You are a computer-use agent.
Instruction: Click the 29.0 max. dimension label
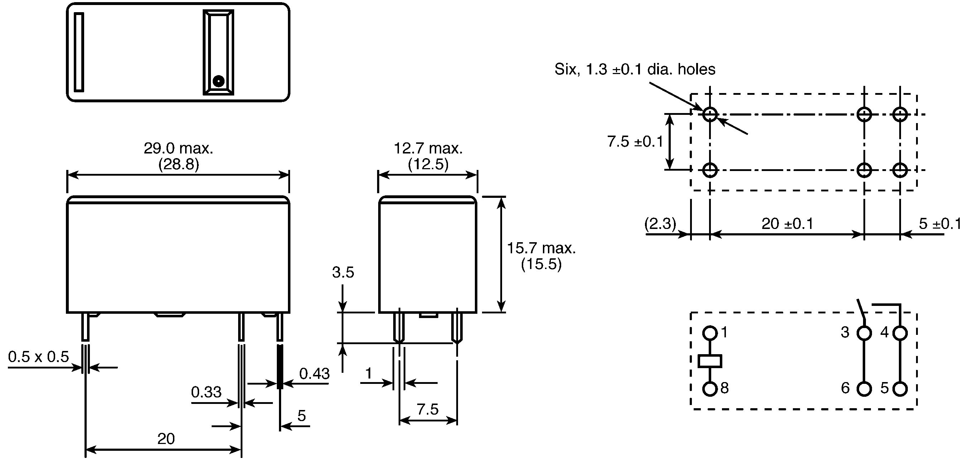[x=178, y=148]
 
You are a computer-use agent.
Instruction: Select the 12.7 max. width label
[x=428, y=148]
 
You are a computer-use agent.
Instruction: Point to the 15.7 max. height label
[x=541, y=248]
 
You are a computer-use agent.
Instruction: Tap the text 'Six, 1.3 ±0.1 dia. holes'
[x=635, y=69]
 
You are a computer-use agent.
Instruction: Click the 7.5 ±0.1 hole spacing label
[x=635, y=142]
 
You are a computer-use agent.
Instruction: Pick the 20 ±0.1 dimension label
[x=787, y=224]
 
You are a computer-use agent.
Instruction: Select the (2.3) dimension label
[x=660, y=224]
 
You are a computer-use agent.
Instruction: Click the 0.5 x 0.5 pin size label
[x=39, y=357]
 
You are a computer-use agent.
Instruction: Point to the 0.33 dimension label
[x=206, y=392]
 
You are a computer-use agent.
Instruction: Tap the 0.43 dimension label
[x=314, y=374]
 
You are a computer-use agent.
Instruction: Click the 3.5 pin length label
[x=343, y=272]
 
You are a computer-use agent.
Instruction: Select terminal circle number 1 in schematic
[x=710, y=333]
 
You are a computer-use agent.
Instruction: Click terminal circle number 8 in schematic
[x=710, y=389]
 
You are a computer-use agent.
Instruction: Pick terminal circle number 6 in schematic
[x=864, y=389]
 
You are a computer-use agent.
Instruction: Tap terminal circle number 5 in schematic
[x=900, y=389]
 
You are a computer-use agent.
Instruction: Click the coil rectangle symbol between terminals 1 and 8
[x=710, y=361]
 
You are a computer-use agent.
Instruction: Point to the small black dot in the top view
[x=218, y=81]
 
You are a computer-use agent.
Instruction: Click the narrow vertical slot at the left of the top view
[x=79, y=52]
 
